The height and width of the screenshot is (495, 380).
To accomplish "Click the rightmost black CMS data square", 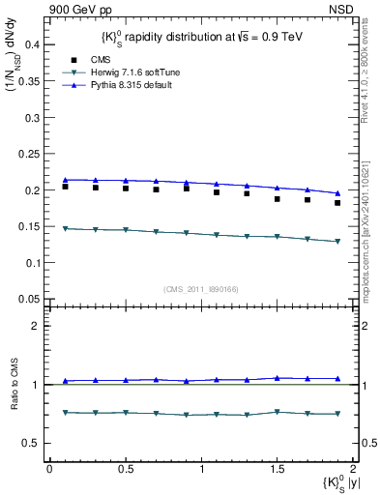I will [x=337, y=203].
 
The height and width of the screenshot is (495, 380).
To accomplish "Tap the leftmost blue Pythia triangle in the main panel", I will [x=65, y=180].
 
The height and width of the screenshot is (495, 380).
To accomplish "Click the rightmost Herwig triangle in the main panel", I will [x=337, y=242].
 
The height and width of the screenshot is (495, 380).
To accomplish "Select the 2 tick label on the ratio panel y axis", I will [x=36, y=326].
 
